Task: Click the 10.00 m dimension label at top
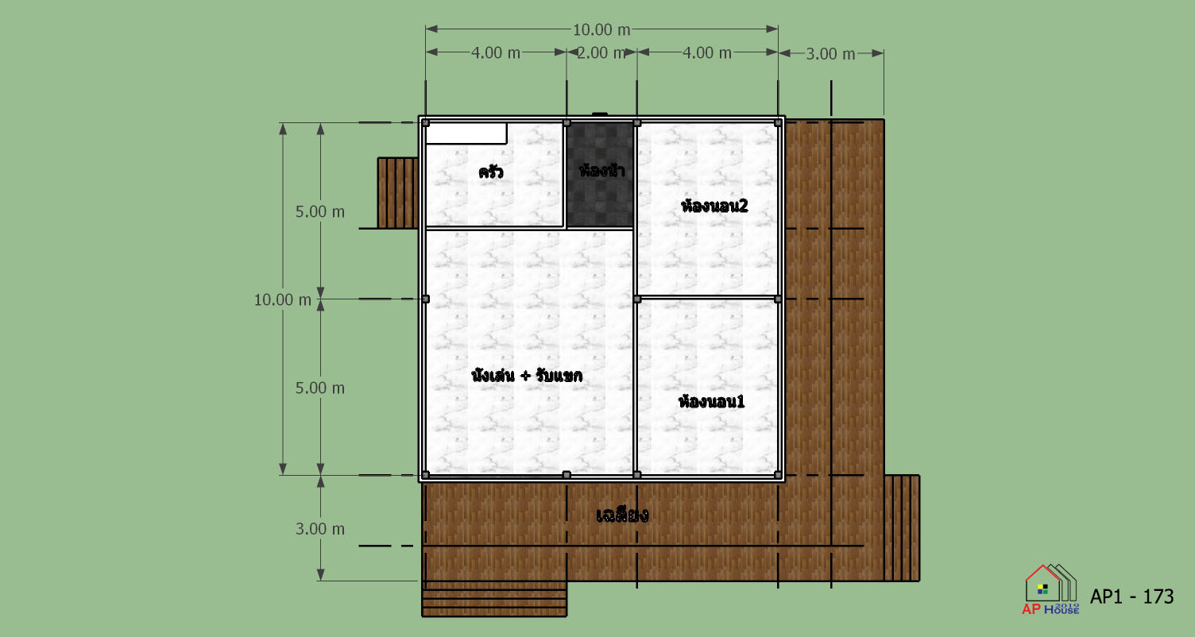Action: tap(601, 30)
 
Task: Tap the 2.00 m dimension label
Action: tap(601, 52)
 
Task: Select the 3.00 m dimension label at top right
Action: tap(830, 54)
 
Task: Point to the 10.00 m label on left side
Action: tap(282, 299)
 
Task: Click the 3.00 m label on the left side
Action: tap(320, 529)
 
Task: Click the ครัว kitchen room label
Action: tap(491, 172)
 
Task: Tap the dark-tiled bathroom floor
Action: tap(600, 175)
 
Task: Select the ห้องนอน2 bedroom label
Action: tap(714, 206)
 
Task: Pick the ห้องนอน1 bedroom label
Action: tap(711, 402)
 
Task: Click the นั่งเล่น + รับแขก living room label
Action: tap(527, 376)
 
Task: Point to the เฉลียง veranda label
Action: tap(622, 515)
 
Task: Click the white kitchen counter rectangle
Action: tap(466, 133)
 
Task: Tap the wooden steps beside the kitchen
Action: tap(397, 193)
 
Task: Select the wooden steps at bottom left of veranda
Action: tap(494, 599)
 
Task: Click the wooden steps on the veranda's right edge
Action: tap(902, 527)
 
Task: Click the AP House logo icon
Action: tap(1050, 590)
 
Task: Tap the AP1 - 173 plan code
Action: tap(1131, 596)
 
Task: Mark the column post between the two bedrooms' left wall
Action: tap(637, 299)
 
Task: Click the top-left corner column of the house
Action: tap(425, 123)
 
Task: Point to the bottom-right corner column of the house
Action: tap(778, 475)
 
